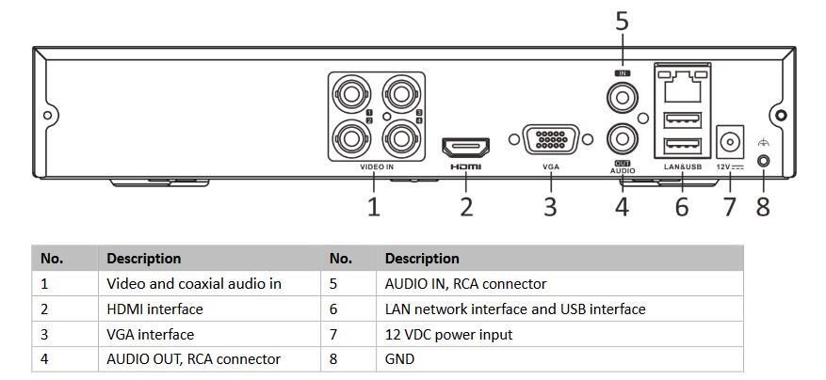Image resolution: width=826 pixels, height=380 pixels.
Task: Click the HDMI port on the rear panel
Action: point(465,148)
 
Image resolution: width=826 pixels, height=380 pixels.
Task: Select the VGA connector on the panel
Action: point(551,141)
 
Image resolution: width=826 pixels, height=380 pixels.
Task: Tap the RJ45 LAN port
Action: point(683,87)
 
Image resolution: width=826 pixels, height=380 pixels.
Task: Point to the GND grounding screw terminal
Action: point(763,160)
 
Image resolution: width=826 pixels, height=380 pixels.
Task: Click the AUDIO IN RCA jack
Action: point(622,97)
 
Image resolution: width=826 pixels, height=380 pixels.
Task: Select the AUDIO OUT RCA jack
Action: point(622,138)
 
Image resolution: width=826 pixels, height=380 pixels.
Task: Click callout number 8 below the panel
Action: point(763,206)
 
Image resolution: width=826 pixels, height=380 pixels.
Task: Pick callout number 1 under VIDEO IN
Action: point(374,206)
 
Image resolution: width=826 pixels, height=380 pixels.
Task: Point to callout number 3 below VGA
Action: point(551,206)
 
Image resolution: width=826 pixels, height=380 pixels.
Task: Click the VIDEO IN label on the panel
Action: point(377,167)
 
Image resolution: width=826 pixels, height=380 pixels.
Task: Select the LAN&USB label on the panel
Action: point(683,166)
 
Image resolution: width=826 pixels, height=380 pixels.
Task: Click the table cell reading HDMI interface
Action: point(154,309)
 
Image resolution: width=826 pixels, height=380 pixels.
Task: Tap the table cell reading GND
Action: point(399,359)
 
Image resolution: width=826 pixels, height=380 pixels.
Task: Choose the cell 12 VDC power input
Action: point(448,334)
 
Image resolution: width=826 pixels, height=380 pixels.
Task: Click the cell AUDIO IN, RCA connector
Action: point(465,283)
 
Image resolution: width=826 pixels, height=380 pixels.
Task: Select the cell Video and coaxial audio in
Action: point(194,283)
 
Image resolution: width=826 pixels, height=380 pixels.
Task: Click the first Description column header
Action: point(143,258)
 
